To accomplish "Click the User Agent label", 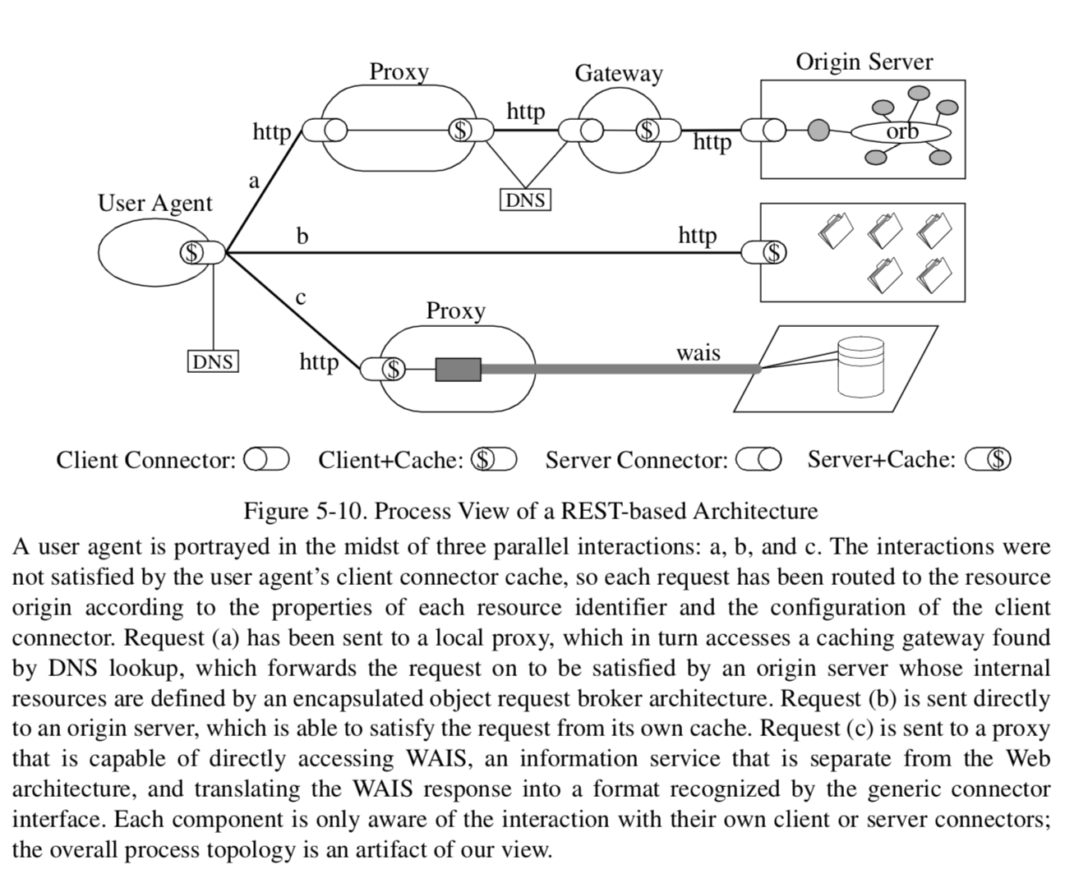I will point(154,203).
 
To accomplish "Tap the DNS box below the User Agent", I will point(213,361).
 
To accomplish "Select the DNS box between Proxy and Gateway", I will point(525,200).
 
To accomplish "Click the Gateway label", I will point(618,73).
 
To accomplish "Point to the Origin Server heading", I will point(864,62).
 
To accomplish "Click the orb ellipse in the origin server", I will point(901,131).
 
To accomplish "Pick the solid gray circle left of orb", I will point(818,130).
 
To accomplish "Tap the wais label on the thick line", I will point(698,352).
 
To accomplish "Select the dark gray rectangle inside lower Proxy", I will point(458,370).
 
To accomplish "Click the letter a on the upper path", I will point(254,180).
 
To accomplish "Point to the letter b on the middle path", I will point(302,237).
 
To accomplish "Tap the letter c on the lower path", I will point(301,297).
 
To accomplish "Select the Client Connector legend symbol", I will point(266,459).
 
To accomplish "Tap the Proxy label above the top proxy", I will point(399,71).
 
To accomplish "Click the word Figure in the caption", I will point(277,511).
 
